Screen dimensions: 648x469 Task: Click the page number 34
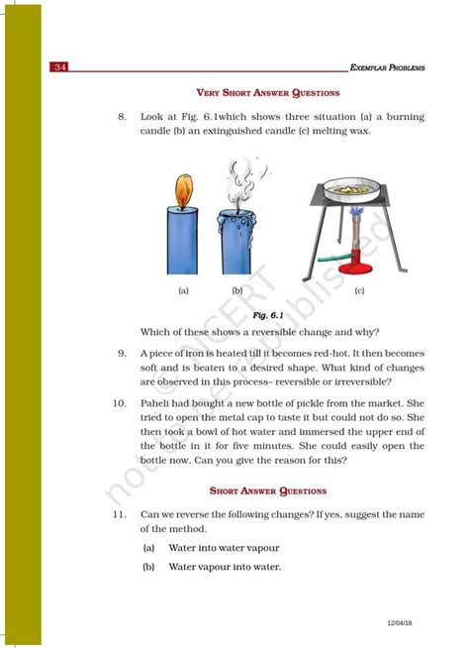pos(60,67)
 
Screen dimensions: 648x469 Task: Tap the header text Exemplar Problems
pos(388,67)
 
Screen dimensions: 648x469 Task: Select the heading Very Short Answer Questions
pos(268,93)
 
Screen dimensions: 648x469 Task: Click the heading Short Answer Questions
pos(268,490)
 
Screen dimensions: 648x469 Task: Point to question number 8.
pos(122,117)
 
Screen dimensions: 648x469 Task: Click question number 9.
pos(122,353)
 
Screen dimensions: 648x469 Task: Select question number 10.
pos(119,404)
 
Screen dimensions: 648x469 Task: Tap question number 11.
pos(119,515)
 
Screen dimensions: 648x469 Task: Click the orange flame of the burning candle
pos(182,189)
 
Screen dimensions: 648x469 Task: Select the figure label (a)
pos(183,291)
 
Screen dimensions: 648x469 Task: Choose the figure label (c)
pos(359,291)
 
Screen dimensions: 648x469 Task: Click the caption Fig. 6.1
pos(267,314)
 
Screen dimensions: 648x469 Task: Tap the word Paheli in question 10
pos(158,404)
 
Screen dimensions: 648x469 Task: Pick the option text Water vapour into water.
pos(225,568)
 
